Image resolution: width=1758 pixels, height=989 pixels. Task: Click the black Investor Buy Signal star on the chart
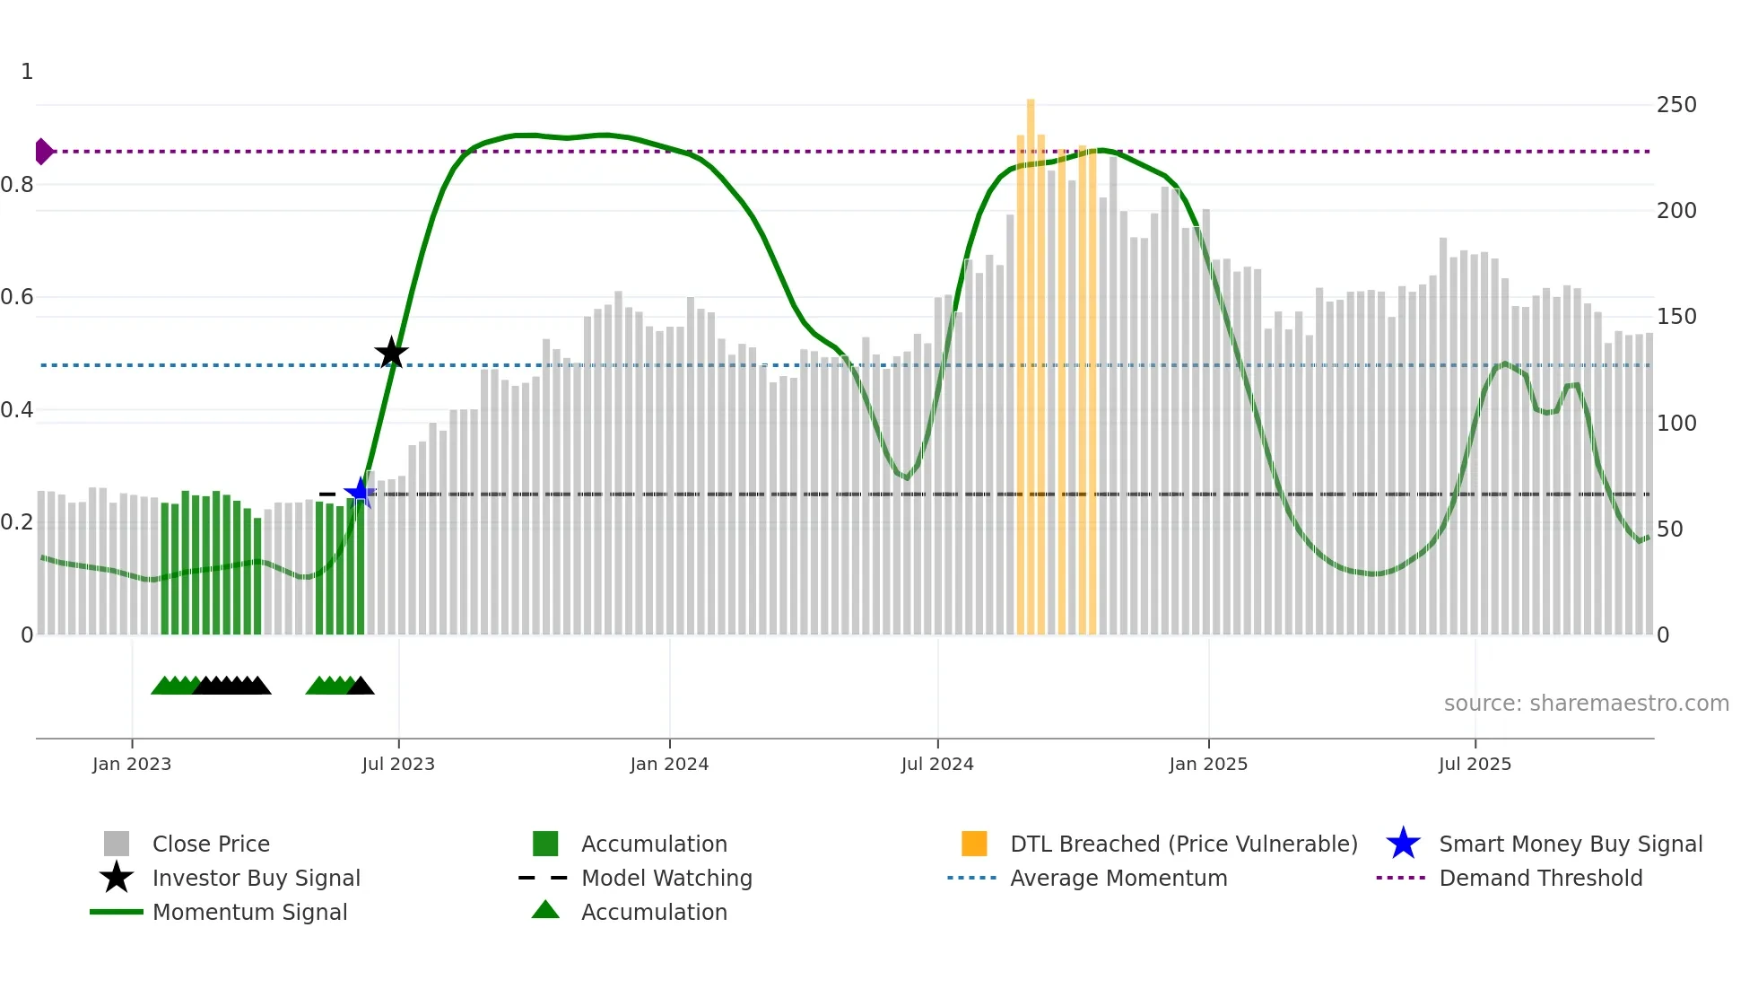[x=391, y=353]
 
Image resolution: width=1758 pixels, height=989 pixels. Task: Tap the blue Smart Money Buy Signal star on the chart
[x=361, y=492]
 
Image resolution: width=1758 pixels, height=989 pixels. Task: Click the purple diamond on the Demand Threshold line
[x=43, y=152]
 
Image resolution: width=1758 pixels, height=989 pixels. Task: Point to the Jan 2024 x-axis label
[x=669, y=765]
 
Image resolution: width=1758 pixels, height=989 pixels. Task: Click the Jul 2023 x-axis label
[x=398, y=765]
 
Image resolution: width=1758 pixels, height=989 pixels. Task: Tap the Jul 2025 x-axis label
[x=1475, y=765]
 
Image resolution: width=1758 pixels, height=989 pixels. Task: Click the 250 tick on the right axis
[x=1676, y=105]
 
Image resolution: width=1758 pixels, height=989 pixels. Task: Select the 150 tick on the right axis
[x=1676, y=317]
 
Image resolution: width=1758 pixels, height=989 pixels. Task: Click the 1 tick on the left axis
[x=27, y=72]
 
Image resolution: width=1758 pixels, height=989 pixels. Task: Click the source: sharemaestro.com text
[x=1586, y=704]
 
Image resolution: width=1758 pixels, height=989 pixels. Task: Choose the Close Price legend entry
[x=211, y=845]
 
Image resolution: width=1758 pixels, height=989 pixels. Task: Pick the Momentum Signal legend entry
[x=249, y=913]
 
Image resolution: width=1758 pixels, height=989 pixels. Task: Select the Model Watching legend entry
[x=666, y=879]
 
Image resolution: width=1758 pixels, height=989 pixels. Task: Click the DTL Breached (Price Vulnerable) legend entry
[x=1183, y=845]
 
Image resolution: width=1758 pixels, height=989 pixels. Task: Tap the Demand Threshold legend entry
[x=1540, y=879]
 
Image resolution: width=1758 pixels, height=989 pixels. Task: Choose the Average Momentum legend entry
[x=1118, y=879]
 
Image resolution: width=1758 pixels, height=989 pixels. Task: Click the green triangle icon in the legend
[x=545, y=911]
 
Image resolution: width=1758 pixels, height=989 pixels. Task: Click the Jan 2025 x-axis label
[x=1208, y=765]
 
